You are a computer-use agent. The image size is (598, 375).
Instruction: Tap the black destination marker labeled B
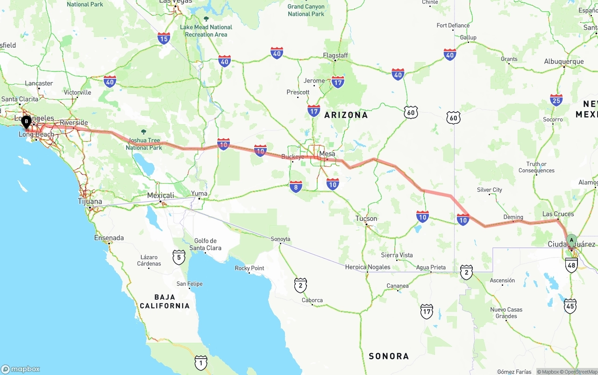pos(27,122)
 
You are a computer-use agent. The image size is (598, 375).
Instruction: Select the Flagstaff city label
pos(335,56)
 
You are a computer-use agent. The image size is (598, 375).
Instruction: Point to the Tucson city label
pos(366,219)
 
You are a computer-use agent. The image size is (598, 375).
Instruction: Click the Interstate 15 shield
pos(164,38)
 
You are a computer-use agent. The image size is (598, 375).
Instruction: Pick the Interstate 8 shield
pos(296,187)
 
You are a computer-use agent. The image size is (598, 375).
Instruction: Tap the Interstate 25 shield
pos(556,100)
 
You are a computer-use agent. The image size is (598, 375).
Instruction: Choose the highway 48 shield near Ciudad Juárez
pos(571,265)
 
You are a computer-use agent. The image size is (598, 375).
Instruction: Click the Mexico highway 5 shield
pos(178,256)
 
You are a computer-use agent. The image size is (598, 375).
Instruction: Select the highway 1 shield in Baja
pos(201,362)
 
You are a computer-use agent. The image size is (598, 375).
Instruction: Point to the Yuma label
pos(199,193)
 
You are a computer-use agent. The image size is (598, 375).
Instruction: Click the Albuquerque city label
pos(564,62)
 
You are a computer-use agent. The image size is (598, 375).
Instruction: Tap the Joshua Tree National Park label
pos(144,144)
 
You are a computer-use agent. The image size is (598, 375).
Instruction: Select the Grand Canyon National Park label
pos(306,10)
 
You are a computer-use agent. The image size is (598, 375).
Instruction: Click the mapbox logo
pos(21,369)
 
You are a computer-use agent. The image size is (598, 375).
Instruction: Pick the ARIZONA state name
pos(346,115)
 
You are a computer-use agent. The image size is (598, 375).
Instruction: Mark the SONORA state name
pos(389,356)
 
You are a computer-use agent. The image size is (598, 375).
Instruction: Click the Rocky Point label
pos(249,269)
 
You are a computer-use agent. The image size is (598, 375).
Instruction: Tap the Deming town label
pos(513,217)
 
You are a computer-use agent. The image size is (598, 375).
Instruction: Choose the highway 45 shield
pos(570,306)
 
